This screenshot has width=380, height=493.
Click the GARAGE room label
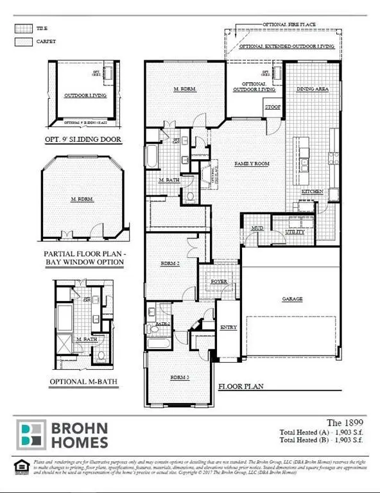click(x=291, y=299)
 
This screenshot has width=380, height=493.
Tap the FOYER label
click(x=211, y=281)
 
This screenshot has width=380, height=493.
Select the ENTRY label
click(x=229, y=327)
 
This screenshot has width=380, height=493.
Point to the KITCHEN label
click(x=313, y=192)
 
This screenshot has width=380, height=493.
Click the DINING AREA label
click(x=312, y=89)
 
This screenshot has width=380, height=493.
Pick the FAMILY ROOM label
click(x=252, y=164)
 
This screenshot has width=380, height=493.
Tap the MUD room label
click(x=257, y=228)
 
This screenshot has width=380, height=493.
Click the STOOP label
click(x=272, y=108)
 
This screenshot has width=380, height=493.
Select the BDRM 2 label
click(x=169, y=264)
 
